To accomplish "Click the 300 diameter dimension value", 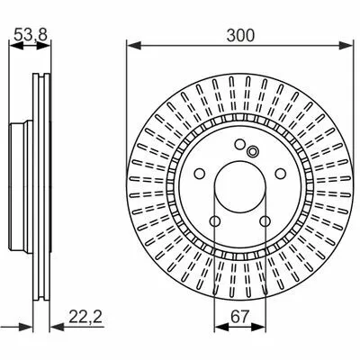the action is click(240, 35).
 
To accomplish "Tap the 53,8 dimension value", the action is click(31, 34).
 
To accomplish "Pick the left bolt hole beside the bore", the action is click(200, 174).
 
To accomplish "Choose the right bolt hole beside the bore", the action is click(281, 173).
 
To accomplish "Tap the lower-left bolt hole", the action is click(215, 221).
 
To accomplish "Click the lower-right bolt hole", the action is click(265, 221).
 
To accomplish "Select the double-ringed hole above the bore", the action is click(253, 151).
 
